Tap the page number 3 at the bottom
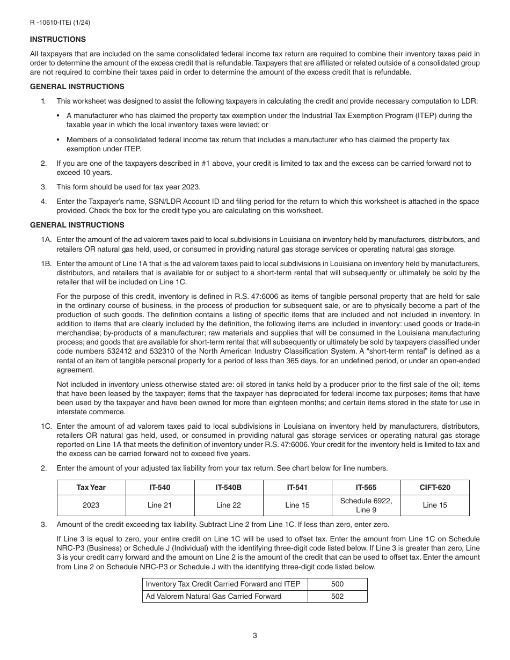pos(254,636)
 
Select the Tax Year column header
pos(91,487)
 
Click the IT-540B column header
pos(229,487)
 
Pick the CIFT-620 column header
pos(435,487)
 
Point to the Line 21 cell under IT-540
pos(160,505)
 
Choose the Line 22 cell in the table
pos(229,505)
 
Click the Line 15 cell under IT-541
pos(297,505)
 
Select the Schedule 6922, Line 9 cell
pos(366,505)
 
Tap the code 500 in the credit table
pos(338,584)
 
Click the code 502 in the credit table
pos(338,596)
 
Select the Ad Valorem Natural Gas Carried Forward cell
pos(214,596)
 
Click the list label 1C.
pos(46,426)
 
